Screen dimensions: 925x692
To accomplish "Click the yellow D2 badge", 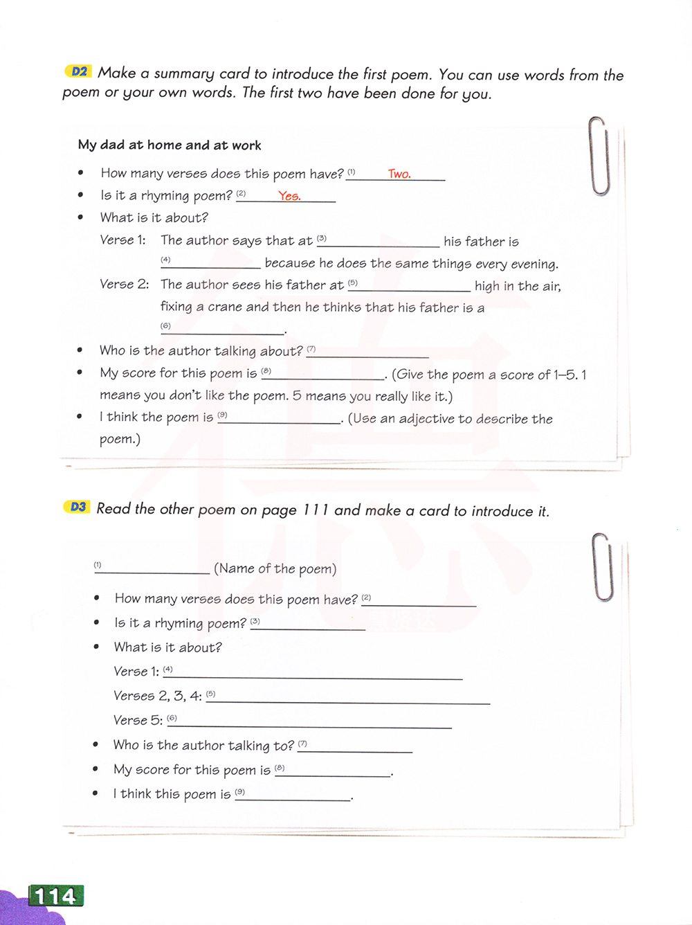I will pos(79,71).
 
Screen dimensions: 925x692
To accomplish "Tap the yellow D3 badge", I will pos(78,507).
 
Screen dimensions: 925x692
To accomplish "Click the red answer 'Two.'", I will pos(399,174).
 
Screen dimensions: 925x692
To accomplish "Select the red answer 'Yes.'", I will pos(289,196).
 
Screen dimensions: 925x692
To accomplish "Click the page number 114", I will pos(55,897).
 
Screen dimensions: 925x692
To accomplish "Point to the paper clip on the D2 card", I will pos(599,155).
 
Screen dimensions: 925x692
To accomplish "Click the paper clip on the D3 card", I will pos(603,566).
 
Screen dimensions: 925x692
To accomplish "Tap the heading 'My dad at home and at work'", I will pos(170,145).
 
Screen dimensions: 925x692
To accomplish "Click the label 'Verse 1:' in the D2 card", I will pos(122,240).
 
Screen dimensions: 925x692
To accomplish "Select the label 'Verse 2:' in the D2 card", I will pos(124,285).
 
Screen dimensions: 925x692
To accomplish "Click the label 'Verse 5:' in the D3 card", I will pos(138,721).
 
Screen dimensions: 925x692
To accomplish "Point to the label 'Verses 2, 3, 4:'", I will pos(157,696).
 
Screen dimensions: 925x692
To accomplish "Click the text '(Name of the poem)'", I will pos(275,569).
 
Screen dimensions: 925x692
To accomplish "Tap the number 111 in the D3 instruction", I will pos(316,510).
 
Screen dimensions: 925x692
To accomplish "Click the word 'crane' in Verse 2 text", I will pos(220,307).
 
